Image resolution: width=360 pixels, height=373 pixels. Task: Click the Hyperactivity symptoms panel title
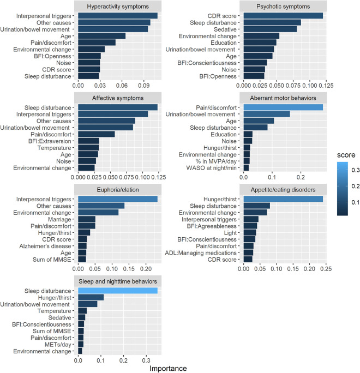point(118,7)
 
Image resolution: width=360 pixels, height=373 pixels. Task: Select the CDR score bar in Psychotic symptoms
point(283,16)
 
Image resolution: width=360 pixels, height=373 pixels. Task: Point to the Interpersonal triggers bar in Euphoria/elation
point(118,199)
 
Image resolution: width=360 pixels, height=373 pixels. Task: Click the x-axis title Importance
point(168,368)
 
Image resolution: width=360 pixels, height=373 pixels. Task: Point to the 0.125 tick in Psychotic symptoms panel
point(325,85)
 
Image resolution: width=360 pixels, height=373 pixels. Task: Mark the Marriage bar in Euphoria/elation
point(87,219)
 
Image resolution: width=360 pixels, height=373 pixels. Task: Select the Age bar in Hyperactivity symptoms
point(101,35)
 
